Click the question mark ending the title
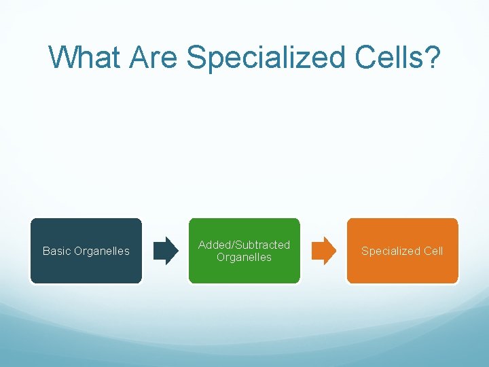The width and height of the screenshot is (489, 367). [433, 57]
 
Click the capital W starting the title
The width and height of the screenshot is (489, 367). [62, 57]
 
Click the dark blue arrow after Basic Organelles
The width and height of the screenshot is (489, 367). [166, 251]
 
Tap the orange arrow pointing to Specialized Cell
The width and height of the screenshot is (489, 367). [323, 251]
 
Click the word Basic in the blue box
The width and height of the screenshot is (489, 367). [56, 251]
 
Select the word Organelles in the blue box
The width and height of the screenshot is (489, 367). [102, 251]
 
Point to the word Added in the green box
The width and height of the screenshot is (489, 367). [213, 245]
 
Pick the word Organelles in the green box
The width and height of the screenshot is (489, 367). [244, 258]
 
